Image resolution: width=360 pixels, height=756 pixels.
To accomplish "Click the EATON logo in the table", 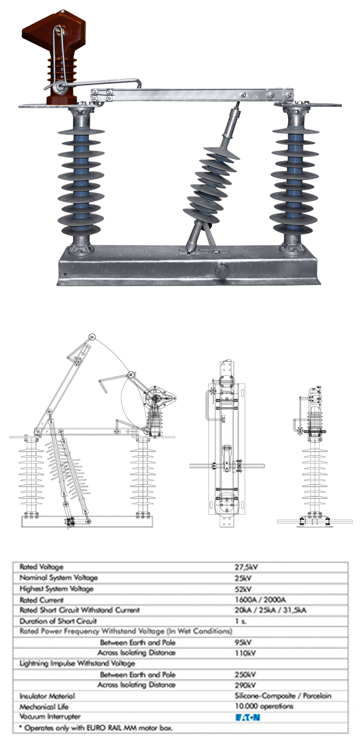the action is (x=248, y=717).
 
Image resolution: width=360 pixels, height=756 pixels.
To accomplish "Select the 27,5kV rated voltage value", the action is (x=246, y=568).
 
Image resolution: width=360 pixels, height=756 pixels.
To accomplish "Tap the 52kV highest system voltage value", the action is (x=243, y=589).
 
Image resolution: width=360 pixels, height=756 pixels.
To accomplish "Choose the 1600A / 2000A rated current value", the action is (x=260, y=600).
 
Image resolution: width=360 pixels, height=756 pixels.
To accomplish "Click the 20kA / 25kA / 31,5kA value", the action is (x=270, y=610).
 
